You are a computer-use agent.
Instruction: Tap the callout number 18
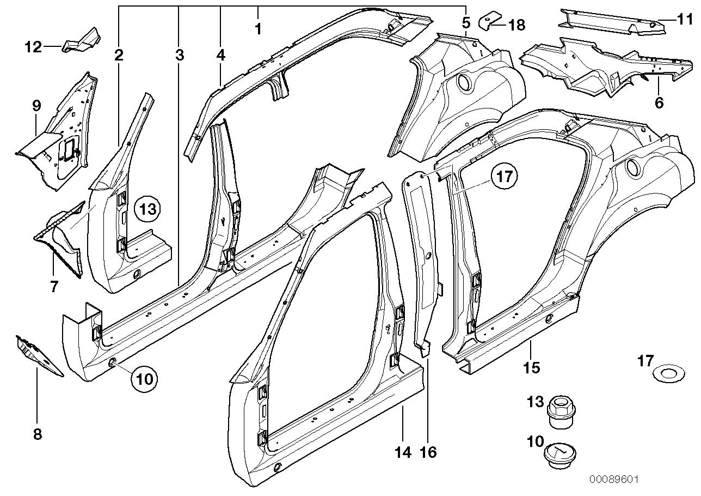(516, 25)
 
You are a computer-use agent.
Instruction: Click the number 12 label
(34, 47)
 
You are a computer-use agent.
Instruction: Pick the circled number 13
(148, 209)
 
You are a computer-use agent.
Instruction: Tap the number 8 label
(38, 434)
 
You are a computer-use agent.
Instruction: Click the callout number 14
(403, 451)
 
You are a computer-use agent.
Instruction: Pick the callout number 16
(428, 451)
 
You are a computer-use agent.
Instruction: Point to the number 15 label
(531, 368)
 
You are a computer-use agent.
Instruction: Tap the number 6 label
(659, 102)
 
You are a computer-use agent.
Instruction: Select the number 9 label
(36, 106)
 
